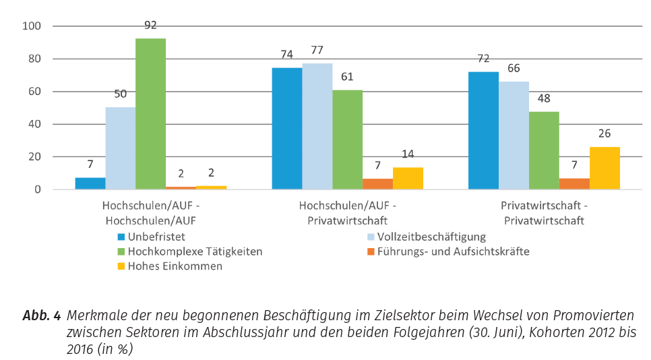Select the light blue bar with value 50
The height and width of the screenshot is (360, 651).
coord(121,148)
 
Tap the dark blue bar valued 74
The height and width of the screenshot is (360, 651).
coord(287,128)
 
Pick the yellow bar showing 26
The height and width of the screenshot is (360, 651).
coord(604,168)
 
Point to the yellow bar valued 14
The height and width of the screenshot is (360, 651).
coord(408,178)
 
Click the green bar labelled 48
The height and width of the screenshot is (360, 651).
coord(544,150)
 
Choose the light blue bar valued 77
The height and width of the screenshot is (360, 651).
coord(317,126)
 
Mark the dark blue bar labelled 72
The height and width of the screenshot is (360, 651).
coord(483,130)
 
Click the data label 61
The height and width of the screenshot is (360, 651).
coord(347,76)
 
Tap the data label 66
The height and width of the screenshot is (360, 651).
coord(514,68)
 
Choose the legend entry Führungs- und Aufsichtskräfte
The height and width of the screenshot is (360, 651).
coord(453,251)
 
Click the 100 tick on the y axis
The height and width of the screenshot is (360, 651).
coord(32,26)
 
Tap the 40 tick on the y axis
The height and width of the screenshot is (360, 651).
coord(35,124)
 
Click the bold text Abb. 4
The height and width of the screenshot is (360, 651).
coord(42,316)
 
